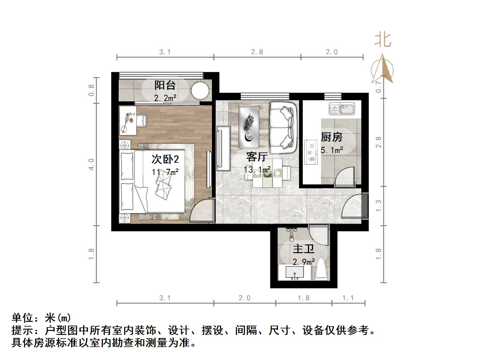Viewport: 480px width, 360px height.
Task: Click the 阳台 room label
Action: (165, 85)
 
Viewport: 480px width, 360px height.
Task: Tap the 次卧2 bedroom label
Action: (165, 159)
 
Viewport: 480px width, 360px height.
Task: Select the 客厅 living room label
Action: (257, 157)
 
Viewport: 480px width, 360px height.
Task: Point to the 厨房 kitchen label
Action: (332, 137)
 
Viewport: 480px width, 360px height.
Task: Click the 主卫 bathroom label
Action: (304, 249)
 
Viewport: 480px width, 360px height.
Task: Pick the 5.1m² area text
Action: (332, 151)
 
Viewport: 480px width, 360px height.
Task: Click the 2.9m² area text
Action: (304, 262)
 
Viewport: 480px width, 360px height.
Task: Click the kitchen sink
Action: (342, 109)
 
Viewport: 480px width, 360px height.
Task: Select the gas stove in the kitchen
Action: (311, 152)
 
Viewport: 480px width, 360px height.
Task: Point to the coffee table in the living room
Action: (249, 127)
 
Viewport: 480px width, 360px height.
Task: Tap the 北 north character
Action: (383, 40)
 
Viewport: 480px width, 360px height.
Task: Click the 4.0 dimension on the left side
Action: (91, 164)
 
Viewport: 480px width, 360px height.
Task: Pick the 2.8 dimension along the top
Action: (257, 52)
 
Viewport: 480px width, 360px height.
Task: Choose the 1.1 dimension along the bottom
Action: (348, 298)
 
